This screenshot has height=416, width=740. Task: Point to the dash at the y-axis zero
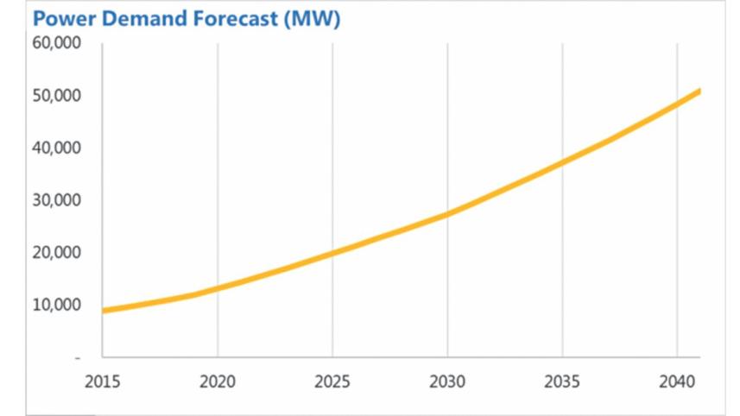tap(77, 357)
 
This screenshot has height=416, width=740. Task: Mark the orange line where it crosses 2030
tap(447, 213)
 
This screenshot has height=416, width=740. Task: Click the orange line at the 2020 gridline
tap(218, 287)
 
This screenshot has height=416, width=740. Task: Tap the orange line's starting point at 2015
tap(104, 311)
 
